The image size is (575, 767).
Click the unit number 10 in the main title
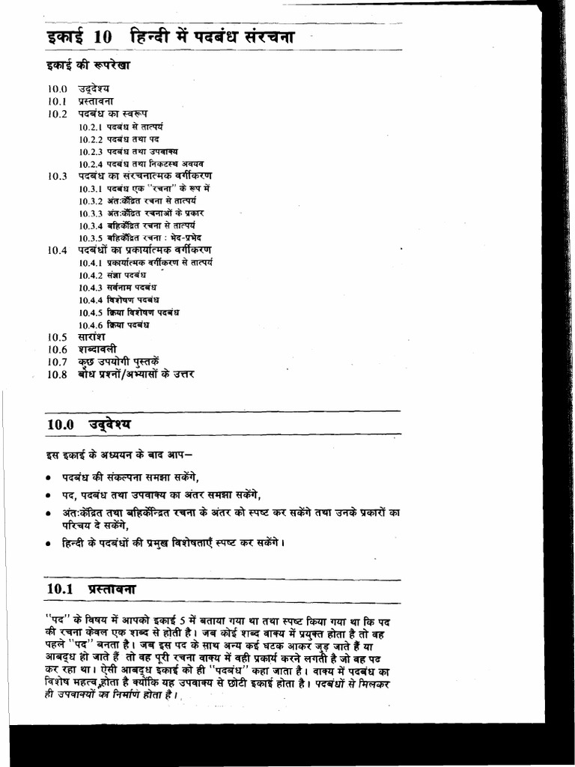(x=102, y=37)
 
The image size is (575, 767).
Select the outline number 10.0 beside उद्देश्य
(x=58, y=89)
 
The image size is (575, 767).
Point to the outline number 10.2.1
(x=90, y=127)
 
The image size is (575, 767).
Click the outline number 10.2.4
(x=90, y=163)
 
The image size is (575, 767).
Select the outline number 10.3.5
(x=90, y=237)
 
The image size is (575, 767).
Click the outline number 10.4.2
(x=90, y=275)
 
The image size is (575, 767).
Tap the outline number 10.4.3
(x=90, y=287)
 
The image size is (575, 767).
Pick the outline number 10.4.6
(x=90, y=324)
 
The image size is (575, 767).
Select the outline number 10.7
(x=58, y=362)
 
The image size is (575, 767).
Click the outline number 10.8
(x=58, y=375)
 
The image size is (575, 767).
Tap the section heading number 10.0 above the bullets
(x=61, y=424)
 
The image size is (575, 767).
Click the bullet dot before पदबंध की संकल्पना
(x=48, y=478)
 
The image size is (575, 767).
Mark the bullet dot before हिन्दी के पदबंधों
(x=48, y=542)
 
